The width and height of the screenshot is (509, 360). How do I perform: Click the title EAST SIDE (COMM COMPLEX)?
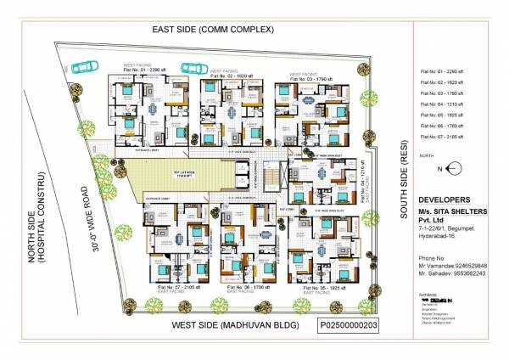click(x=213, y=30)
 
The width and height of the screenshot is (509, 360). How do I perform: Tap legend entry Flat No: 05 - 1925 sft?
click(x=440, y=115)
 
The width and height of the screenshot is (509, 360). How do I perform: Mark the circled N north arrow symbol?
click(x=452, y=169)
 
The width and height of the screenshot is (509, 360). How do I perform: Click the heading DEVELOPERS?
click(x=445, y=199)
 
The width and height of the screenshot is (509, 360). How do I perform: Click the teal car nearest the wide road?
click(x=83, y=66)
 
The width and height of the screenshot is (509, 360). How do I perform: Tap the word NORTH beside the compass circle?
click(x=427, y=156)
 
